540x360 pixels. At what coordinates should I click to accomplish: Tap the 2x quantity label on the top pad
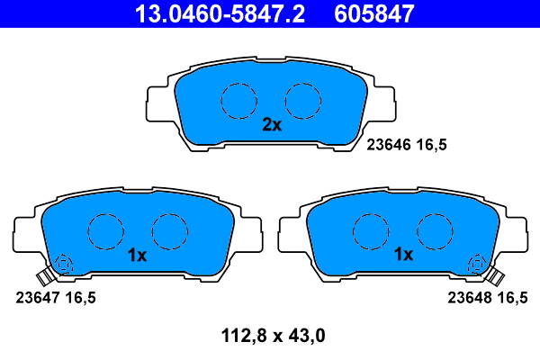pyautogui.click(x=271, y=125)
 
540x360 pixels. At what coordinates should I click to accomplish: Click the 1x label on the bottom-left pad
pyautogui.click(x=136, y=255)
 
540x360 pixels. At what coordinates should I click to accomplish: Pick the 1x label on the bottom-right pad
pyautogui.click(x=403, y=255)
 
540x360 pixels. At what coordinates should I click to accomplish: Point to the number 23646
pyautogui.click(x=389, y=143)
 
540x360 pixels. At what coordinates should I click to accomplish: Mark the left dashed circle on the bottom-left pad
pyautogui.click(x=104, y=231)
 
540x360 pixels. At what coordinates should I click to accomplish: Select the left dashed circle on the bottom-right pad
pyautogui.click(x=370, y=231)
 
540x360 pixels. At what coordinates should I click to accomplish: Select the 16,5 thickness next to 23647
pyautogui.click(x=80, y=296)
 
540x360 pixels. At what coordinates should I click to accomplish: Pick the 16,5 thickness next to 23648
pyautogui.click(x=512, y=296)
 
